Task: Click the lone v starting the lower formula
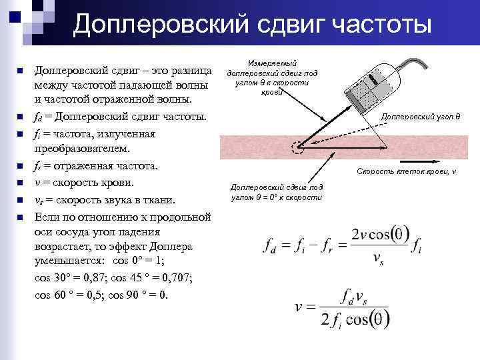(x=301, y=307)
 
